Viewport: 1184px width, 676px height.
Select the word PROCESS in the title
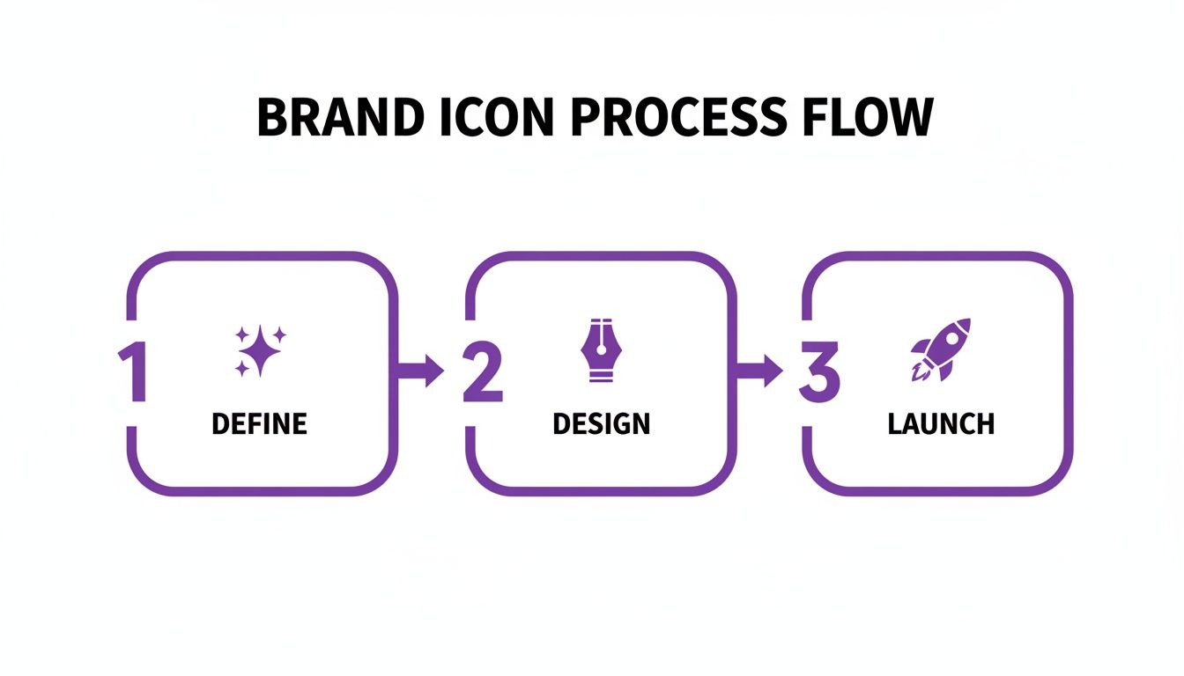pos(681,117)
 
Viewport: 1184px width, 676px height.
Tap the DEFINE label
pos(260,424)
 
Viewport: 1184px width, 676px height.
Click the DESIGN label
pos(602,424)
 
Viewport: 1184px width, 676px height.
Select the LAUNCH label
pos(941,424)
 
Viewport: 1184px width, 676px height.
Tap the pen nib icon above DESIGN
pos(602,349)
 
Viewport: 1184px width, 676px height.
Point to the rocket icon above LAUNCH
pos(940,349)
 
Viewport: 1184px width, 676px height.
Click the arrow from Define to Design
pos(421,371)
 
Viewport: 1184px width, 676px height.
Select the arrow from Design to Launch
pos(759,371)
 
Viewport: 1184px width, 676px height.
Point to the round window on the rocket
pos(952,337)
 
